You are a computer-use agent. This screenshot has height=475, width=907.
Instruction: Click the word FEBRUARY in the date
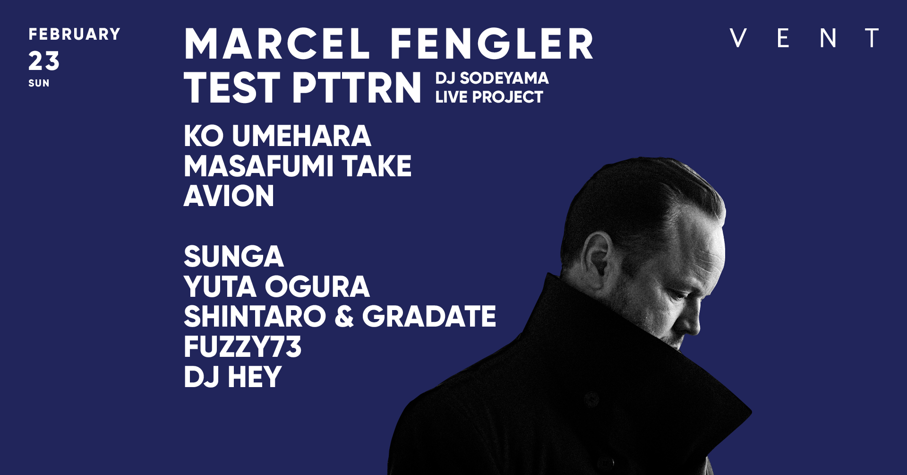pyautogui.click(x=75, y=35)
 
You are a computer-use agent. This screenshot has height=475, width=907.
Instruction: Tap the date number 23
pyautogui.click(x=44, y=61)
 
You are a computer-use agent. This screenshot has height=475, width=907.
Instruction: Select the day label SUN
pyautogui.click(x=39, y=83)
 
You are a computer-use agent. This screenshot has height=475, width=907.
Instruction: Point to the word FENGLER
pyautogui.click(x=492, y=44)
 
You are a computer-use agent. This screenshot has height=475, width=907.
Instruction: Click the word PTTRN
pyautogui.click(x=357, y=87)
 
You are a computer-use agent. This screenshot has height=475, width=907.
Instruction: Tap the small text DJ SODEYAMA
pyautogui.click(x=492, y=78)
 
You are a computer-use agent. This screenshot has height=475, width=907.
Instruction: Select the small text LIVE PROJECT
pyautogui.click(x=489, y=97)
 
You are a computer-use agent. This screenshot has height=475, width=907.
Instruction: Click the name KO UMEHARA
pyautogui.click(x=277, y=136)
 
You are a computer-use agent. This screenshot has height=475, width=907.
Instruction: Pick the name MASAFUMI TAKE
pyautogui.click(x=298, y=166)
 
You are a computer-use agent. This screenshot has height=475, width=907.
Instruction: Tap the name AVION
pyautogui.click(x=229, y=196)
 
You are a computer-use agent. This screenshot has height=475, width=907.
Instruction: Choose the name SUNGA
pyautogui.click(x=234, y=256)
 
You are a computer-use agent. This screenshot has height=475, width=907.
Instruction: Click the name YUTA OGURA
pyautogui.click(x=277, y=286)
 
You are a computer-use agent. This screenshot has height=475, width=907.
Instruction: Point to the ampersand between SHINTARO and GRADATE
pyautogui.click(x=344, y=316)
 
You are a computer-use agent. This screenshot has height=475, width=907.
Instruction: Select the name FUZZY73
pyautogui.click(x=242, y=346)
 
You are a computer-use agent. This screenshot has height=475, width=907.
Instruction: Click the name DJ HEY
pyautogui.click(x=232, y=377)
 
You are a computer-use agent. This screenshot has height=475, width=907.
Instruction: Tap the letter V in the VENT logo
pyautogui.click(x=738, y=38)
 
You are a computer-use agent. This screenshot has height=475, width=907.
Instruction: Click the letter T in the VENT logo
pyautogui.click(x=872, y=38)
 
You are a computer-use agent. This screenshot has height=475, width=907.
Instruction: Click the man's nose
pyautogui.click(x=691, y=321)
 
